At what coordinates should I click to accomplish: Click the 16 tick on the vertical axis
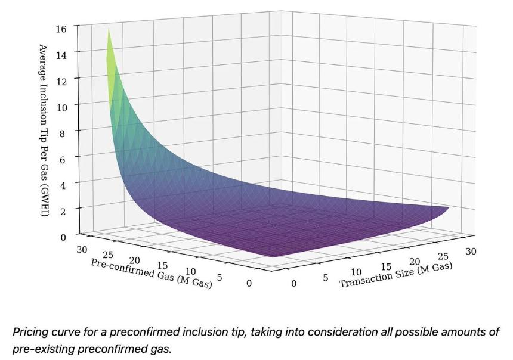pyautogui.click(x=61, y=29)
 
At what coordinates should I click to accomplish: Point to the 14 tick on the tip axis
pyautogui.click(x=61, y=55)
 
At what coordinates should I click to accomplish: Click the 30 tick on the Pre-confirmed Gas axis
pyautogui.click(x=82, y=250)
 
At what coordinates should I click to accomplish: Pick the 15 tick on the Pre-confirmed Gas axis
pyautogui.click(x=163, y=266)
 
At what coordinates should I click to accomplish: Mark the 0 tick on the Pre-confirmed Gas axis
pyautogui.click(x=249, y=283)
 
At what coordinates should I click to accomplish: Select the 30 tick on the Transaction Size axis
pyautogui.click(x=471, y=251)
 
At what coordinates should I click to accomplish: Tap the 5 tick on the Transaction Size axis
pyautogui.click(x=325, y=278)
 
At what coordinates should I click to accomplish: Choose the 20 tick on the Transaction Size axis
pyautogui.click(x=415, y=262)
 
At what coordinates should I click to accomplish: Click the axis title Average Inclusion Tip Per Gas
pyautogui.click(x=44, y=131)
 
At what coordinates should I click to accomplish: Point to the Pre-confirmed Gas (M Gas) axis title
pyautogui.click(x=151, y=274)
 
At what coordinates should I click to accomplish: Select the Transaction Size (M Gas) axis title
pyautogui.click(x=395, y=275)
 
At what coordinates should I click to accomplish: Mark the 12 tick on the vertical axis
pyautogui.click(x=61, y=82)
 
